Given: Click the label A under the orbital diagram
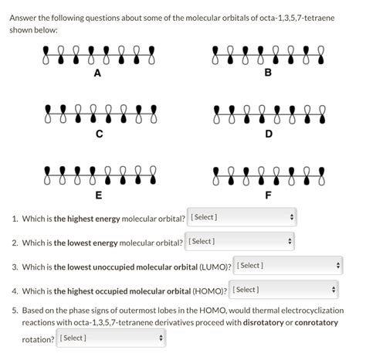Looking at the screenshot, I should [x=97, y=74].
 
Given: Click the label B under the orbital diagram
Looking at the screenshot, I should [x=268, y=74].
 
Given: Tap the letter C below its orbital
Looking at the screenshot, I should [x=97, y=134].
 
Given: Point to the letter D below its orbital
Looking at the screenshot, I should [x=268, y=134].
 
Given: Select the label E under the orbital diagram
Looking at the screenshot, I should [x=97, y=195].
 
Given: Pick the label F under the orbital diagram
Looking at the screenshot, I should [x=268, y=195].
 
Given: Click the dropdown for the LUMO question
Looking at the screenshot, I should [x=286, y=266].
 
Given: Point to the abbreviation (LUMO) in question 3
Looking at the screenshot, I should [x=213, y=267].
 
